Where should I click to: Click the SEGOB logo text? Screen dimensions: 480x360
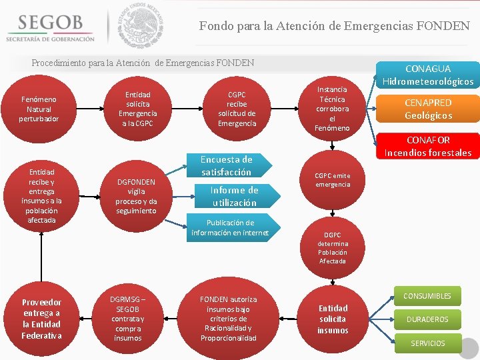coord(50,23)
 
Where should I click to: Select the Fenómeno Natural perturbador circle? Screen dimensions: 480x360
coord(39,109)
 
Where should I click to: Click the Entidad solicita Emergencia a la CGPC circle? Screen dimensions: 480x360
coord(137,109)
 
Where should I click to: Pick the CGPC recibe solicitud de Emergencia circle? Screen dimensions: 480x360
coord(237,109)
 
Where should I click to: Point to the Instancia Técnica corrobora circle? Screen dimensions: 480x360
coord(332,108)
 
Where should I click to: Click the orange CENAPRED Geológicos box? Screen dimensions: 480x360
coord(427,109)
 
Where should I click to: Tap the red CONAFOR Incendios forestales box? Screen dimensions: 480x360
coord(427,146)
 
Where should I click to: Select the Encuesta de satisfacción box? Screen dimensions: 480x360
coord(226,165)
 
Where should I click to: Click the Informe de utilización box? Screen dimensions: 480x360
coord(234,196)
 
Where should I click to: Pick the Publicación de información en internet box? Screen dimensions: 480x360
coord(229,227)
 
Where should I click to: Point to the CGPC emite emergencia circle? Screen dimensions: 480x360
coord(332,180)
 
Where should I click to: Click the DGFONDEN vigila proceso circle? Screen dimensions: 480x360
coord(136,196)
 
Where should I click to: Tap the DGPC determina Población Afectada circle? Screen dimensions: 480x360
coord(332,248)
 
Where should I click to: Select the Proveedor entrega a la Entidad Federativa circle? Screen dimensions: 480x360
coord(41,319)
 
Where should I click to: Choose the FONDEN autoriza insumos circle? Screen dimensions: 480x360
coord(229,319)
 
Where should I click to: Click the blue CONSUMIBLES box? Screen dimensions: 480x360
coord(427,296)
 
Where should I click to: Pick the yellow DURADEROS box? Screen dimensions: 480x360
coord(427,319)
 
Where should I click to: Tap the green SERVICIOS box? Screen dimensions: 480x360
coord(427,343)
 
